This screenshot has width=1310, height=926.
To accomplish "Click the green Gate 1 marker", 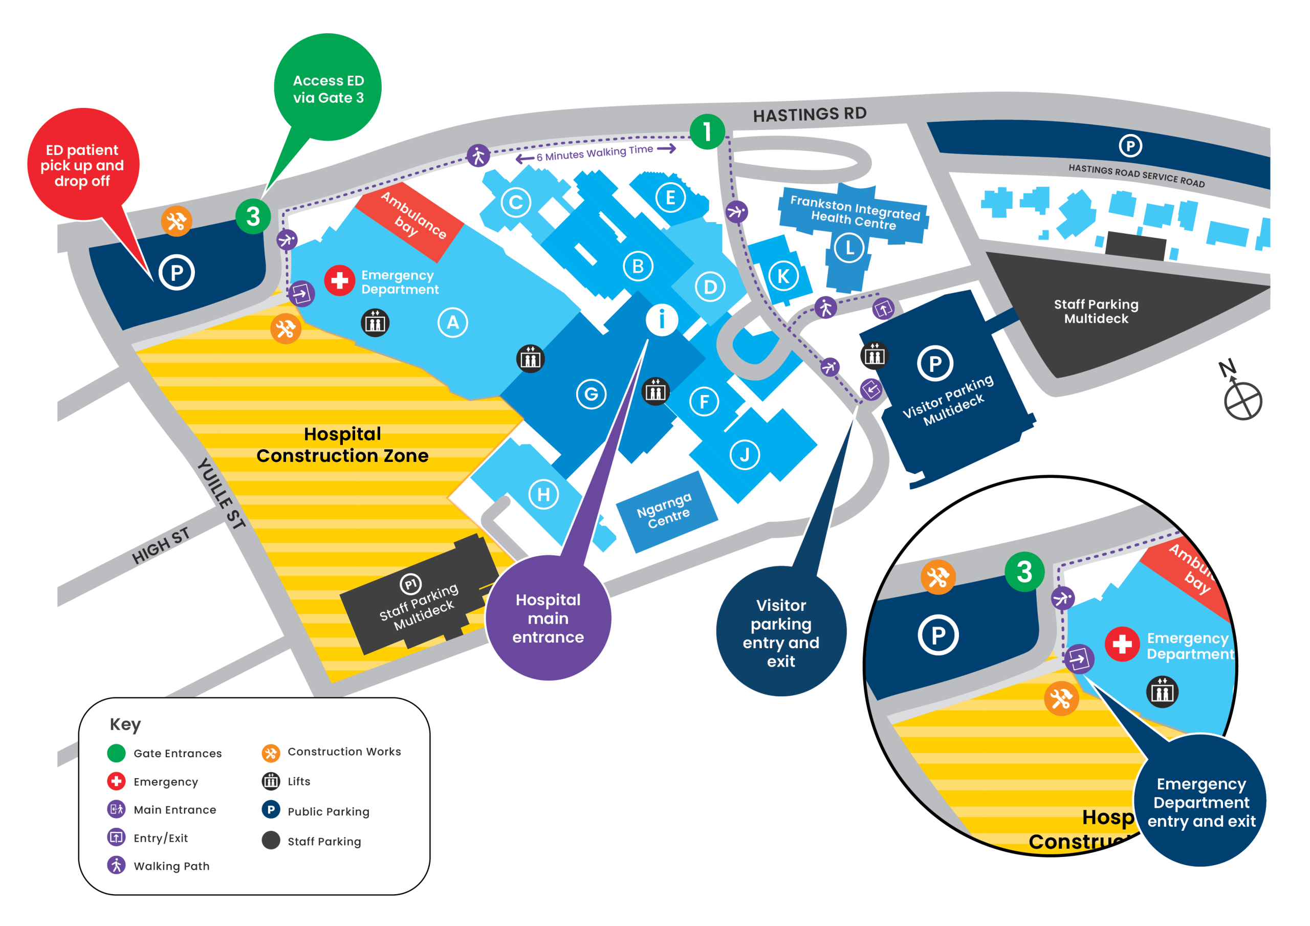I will (x=707, y=132).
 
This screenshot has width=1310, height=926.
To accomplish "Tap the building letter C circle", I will (x=516, y=202).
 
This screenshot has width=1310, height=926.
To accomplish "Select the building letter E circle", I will (x=670, y=197).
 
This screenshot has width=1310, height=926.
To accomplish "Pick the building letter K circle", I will (x=783, y=276).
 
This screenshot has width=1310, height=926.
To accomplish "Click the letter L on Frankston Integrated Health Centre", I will (x=849, y=248).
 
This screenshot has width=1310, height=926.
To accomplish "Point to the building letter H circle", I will (x=543, y=494).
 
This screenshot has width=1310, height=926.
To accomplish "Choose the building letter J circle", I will (x=745, y=455).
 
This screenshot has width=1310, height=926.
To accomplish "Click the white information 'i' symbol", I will (x=662, y=320).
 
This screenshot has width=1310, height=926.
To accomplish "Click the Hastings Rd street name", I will (x=810, y=115).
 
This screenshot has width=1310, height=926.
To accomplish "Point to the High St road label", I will (x=160, y=546).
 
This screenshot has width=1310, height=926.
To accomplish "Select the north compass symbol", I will (x=1241, y=394).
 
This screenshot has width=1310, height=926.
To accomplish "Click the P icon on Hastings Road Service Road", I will (x=1130, y=146).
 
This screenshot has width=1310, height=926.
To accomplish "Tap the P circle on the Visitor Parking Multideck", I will (x=935, y=363).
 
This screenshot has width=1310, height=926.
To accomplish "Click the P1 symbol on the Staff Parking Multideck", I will (x=411, y=584).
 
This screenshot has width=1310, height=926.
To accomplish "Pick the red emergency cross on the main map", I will (x=339, y=280).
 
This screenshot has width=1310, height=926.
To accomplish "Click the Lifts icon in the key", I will (x=271, y=781).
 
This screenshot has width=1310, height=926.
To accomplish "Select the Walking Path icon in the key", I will (x=116, y=865).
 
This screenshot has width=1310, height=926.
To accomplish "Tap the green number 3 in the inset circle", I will (x=1024, y=571).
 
